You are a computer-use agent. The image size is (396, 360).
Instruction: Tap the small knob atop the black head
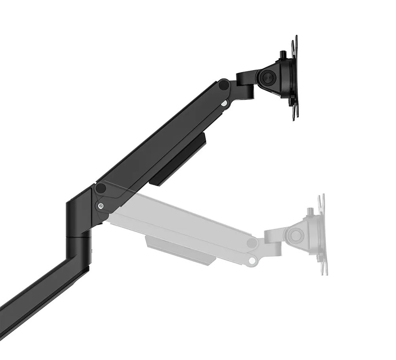coord(283,54)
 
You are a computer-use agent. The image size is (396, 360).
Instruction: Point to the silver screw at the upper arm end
coord(224,103)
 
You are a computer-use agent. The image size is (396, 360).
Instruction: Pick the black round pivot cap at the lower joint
coord(101,189)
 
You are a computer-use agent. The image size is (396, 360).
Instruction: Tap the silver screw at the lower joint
coord(101,206)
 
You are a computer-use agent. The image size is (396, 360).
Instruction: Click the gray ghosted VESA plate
coord(322,235)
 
